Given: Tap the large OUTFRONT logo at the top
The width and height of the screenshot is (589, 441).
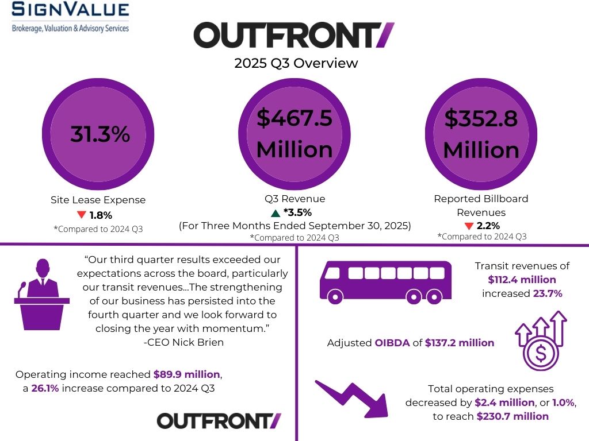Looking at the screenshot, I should click(x=294, y=36).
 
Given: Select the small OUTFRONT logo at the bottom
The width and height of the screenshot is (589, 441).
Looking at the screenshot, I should click(x=219, y=420).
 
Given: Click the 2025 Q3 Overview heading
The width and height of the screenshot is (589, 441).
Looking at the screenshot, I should click(x=296, y=63).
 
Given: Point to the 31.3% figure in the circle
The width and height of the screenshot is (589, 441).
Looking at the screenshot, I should click(x=100, y=134).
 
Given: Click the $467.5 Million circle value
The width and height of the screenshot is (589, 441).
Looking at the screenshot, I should click(x=294, y=134).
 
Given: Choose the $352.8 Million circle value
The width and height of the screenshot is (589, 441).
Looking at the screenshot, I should click(x=481, y=134).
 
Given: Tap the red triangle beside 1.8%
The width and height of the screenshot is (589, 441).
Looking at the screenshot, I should click(x=81, y=215).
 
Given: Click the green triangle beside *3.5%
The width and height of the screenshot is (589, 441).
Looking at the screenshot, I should click(x=276, y=213).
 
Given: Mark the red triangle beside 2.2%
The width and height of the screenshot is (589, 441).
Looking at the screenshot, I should click(x=469, y=226).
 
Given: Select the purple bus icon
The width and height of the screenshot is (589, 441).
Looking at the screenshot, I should click(x=377, y=282).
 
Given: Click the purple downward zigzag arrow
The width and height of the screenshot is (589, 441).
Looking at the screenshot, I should click(x=351, y=396).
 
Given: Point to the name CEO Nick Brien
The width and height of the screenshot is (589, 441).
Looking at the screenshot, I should click(x=183, y=343).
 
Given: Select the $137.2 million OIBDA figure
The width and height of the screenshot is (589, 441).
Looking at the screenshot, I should click(x=459, y=343).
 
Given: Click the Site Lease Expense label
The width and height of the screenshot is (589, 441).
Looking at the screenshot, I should click(x=98, y=200).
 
